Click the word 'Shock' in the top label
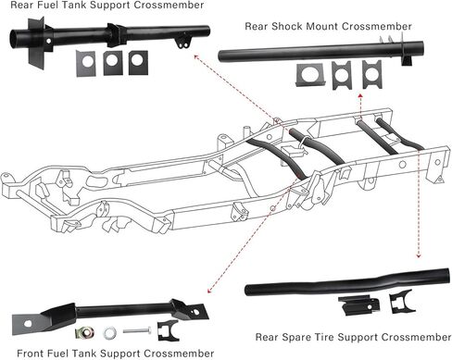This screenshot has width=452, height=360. pyautogui.click(x=277, y=26)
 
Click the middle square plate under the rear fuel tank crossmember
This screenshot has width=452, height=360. pyautogui.click(x=113, y=63)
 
